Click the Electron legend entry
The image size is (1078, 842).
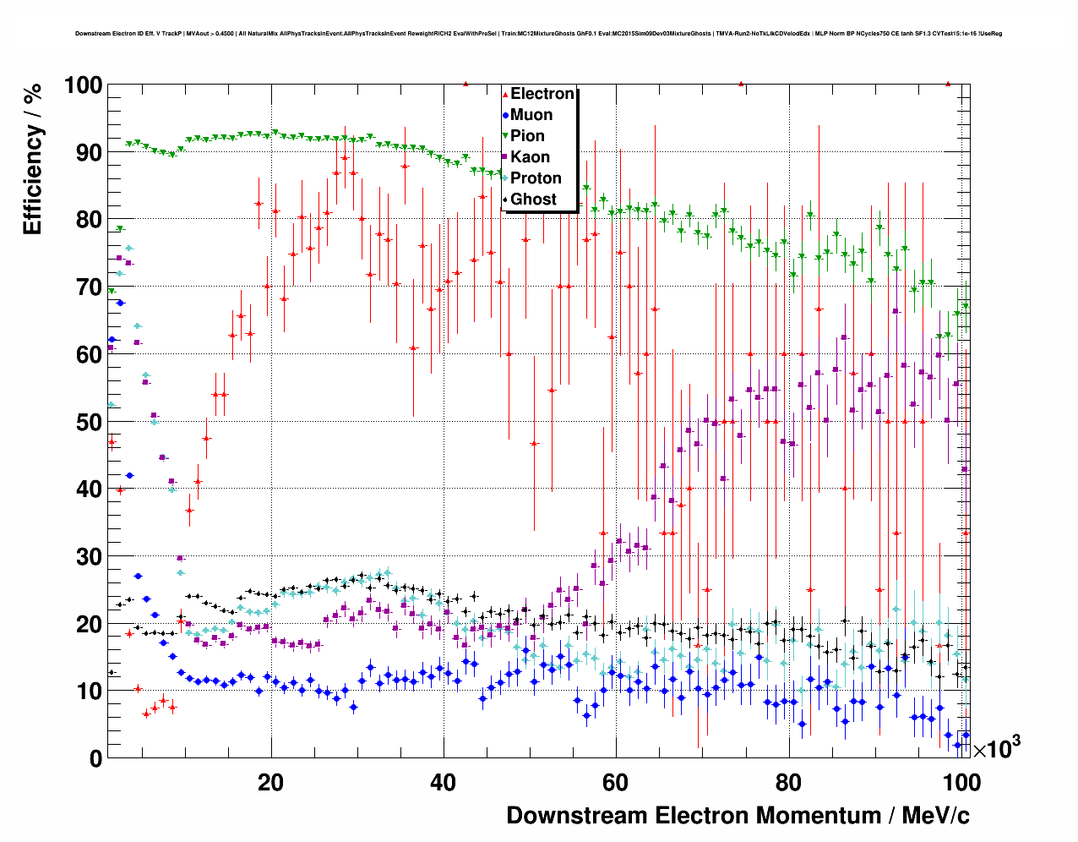[x=542, y=94]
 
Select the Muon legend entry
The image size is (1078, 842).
[x=531, y=115]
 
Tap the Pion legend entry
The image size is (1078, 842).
[x=527, y=136]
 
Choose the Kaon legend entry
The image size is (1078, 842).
[x=530, y=157]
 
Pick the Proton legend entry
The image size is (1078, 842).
[x=536, y=178]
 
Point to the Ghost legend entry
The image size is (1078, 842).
[x=533, y=200]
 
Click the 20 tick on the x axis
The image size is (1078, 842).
[x=271, y=782]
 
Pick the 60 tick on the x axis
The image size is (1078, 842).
[x=616, y=782]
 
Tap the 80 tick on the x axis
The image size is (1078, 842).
[x=789, y=782]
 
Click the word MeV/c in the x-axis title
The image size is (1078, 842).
[x=935, y=816]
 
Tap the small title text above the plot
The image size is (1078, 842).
[x=538, y=34]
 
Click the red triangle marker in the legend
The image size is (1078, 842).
[x=505, y=95]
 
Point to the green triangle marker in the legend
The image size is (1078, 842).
[x=505, y=136]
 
